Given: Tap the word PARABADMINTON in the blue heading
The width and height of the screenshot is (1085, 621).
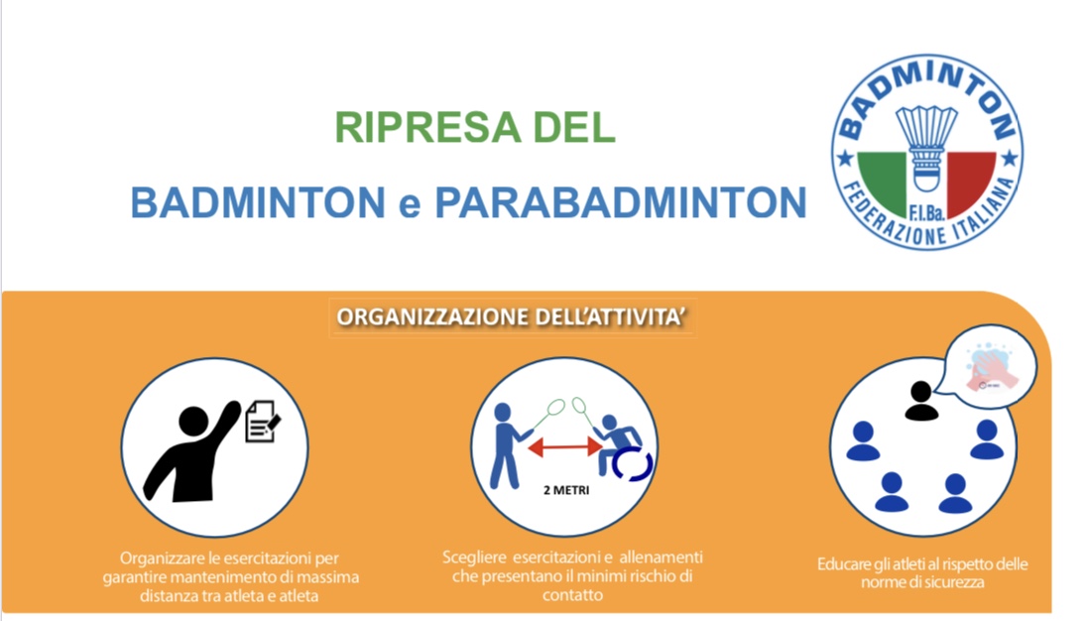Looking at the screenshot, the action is (621, 202).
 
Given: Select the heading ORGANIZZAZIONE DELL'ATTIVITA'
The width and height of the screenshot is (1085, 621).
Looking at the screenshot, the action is (512, 317).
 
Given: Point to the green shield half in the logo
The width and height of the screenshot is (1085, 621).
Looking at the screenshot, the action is (884, 182).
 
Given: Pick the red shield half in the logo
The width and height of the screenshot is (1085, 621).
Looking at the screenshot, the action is (970, 182).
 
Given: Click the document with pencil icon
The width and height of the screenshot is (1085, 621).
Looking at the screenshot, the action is (263, 421).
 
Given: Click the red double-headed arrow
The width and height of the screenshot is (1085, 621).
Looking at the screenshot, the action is (565, 447).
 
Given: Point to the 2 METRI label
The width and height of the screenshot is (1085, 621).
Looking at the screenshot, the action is (566, 490).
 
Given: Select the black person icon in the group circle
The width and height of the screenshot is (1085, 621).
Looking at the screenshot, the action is (921, 401).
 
